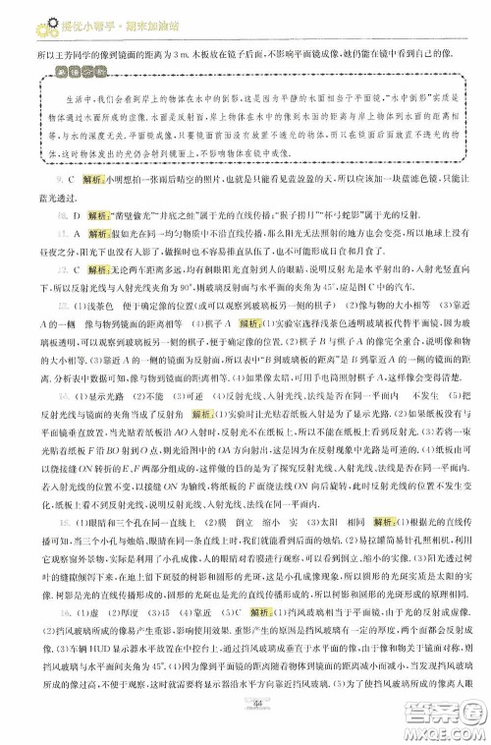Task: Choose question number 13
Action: pos(47,306)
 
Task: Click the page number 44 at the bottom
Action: pos(256,726)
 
